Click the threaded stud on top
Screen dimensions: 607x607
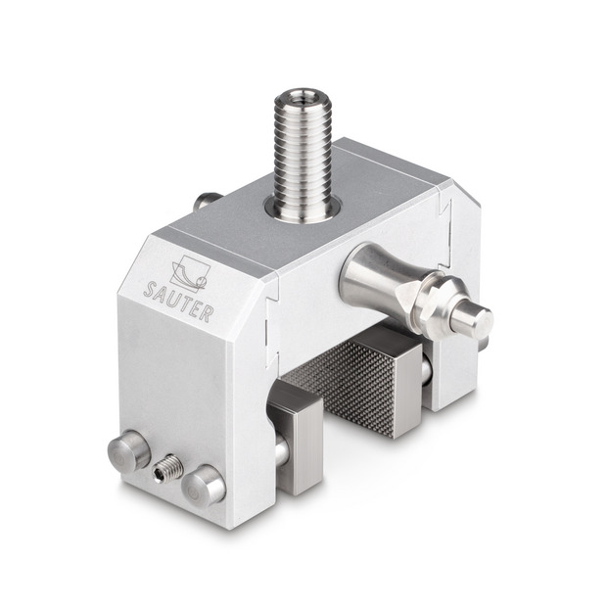point(303,155)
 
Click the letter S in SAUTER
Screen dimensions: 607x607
point(150,289)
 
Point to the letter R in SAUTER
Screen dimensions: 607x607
point(206,314)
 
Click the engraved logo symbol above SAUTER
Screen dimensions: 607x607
point(190,273)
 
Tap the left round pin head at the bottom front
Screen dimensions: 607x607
point(129,450)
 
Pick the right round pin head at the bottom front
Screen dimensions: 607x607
point(204,487)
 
